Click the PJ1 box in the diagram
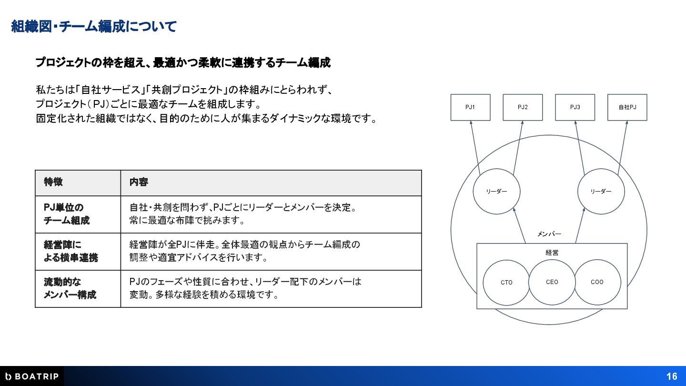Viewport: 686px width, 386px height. click(470, 107)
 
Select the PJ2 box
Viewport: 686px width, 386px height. click(523, 107)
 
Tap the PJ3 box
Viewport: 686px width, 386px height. click(575, 107)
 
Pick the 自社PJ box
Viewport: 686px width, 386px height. click(627, 107)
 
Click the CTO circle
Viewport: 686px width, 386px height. click(506, 283)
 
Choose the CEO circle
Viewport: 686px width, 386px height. click(552, 282)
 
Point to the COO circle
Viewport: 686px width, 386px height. click(597, 282)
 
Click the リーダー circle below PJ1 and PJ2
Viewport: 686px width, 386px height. click(496, 192)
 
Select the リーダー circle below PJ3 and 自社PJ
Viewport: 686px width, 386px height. click(601, 192)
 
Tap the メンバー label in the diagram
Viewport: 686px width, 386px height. click(549, 234)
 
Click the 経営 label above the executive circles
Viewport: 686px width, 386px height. click(552, 253)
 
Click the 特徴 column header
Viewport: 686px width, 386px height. click(53, 183)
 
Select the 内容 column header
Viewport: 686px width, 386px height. click(139, 183)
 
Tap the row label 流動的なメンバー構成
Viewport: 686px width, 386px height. click(70, 288)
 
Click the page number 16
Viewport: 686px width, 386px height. click(672, 376)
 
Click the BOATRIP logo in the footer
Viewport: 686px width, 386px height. click(31, 376)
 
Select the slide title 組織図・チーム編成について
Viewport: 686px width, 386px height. click(94, 26)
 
